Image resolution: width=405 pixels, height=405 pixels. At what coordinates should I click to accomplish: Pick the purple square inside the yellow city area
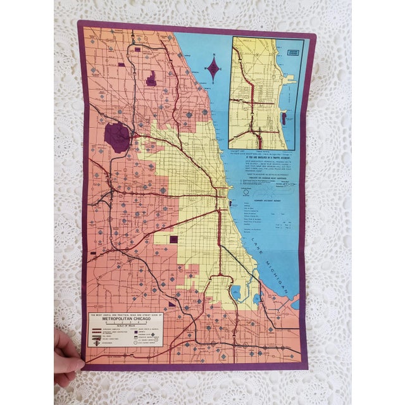[174, 240]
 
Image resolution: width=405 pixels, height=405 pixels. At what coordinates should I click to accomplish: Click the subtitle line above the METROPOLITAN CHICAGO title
[127, 313]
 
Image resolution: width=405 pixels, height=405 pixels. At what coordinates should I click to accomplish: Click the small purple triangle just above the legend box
[171, 304]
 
